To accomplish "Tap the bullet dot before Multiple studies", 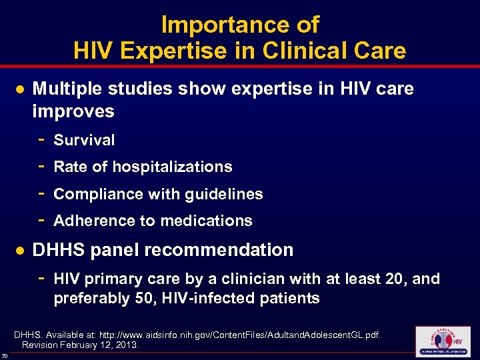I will [x=20, y=89].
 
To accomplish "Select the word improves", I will [x=73, y=111].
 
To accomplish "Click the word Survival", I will [x=84, y=141].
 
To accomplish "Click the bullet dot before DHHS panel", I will [x=20, y=251].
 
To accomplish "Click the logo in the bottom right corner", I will [x=442, y=342].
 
